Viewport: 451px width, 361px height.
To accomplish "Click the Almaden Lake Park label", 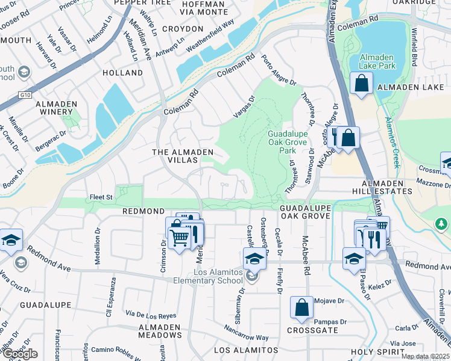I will [377, 61].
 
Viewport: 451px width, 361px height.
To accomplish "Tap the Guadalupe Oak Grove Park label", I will [288, 142].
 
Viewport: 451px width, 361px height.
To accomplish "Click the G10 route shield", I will [24, 94].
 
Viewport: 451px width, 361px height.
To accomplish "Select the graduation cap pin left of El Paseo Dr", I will [353, 258].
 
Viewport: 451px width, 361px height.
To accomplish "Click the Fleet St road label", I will [101, 197].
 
